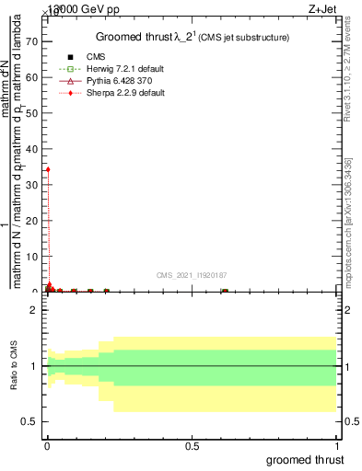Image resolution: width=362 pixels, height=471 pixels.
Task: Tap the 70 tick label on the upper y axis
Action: pyautogui.click(x=32, y=41)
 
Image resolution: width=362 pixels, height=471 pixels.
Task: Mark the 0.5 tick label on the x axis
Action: pyautogui.click(x=193, y=446)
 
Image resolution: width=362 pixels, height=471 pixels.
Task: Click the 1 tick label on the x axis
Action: pyautogui.click(x=338, y=446)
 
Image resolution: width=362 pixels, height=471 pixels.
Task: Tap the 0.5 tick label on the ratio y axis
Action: pyautogui.click(x=30, y=421)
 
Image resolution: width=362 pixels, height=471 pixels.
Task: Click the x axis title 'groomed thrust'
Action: pyautogui.click(x=305, y=459)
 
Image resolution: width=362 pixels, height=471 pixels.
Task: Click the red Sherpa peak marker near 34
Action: pyautogui.click(x=48, y=169)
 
